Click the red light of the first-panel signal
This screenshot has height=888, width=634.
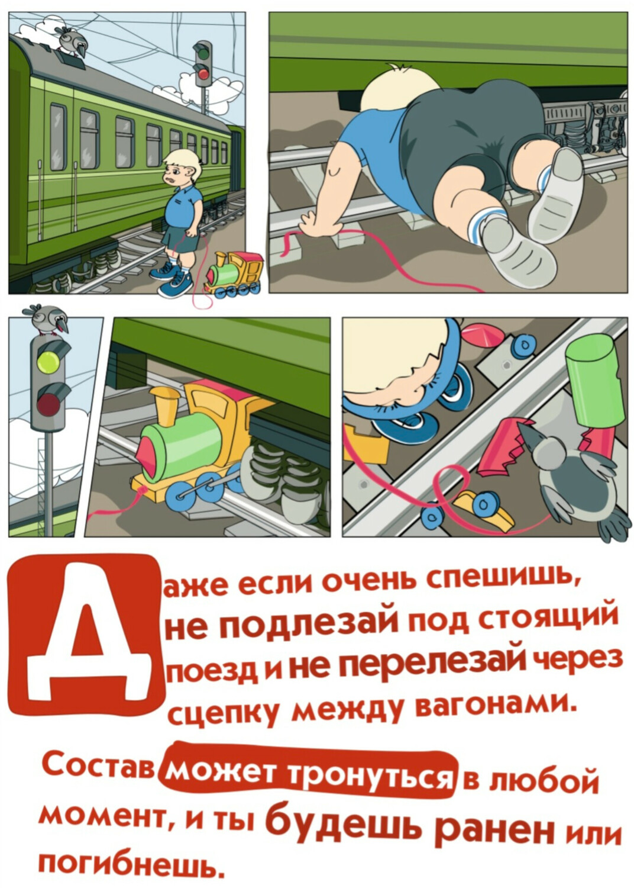[x=203, y=73]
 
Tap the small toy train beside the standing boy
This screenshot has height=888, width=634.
[x=234, y=273]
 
